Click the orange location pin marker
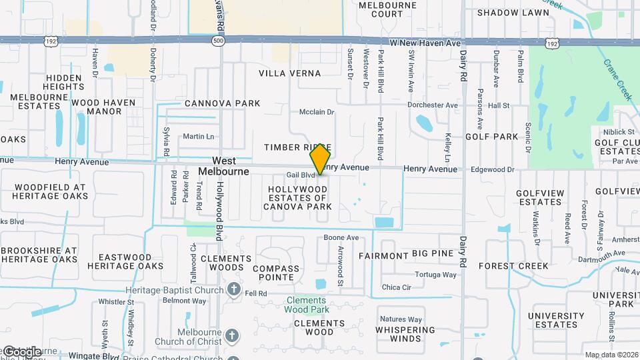click(321, 159)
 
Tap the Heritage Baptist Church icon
click(234, 290)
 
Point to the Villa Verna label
click(286, 73)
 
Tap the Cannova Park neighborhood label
click(222, 103)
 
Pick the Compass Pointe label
click(276, 273)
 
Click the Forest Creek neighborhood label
click(523, 265)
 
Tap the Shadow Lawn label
click(513, 13)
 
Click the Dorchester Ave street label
click(433, 105)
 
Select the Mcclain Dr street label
click(316, 112)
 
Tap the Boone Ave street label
click(341, 237)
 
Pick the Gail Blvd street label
click(300, 175)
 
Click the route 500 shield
click(218, 41)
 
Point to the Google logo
click(21, 352)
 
